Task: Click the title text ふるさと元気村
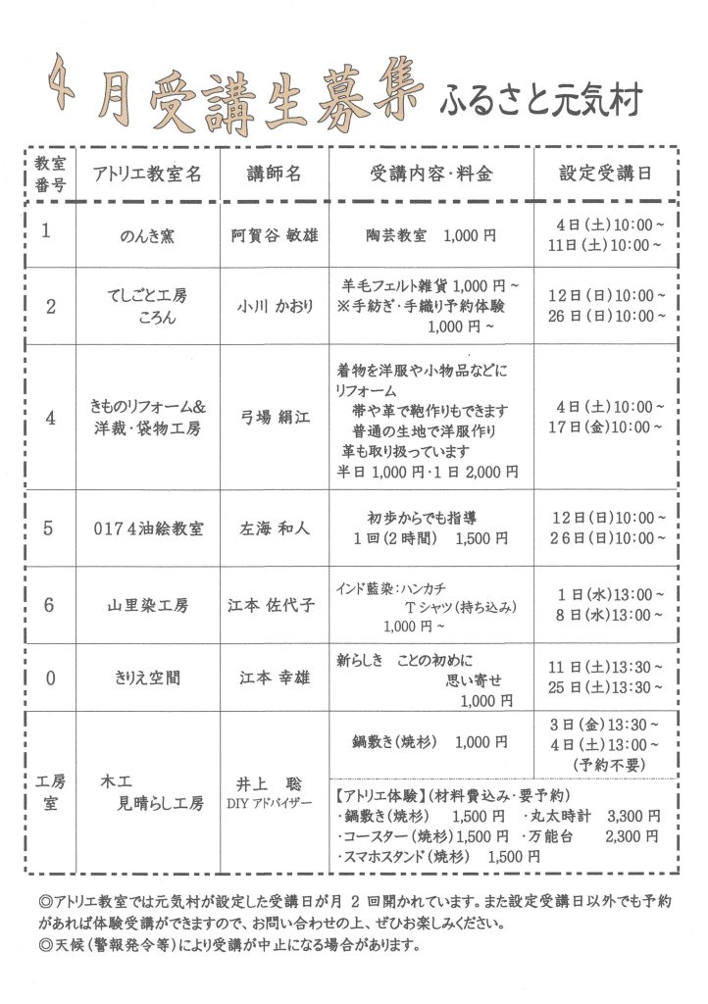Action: coord(541,100)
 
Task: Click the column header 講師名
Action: coord(274,174)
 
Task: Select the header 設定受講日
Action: coord(604,174)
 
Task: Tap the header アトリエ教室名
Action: coord(147,175)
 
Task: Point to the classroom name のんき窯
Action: coord(147,236)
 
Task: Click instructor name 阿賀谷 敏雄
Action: coord(273,236)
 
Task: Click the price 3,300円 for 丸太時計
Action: coord(633,816)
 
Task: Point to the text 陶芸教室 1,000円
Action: coord(430,236)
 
